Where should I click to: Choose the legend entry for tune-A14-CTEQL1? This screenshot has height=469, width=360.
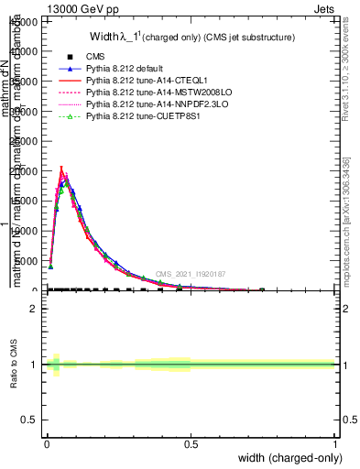click(x=137, y=81)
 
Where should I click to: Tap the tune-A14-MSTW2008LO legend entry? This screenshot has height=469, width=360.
click(x=145, y=93)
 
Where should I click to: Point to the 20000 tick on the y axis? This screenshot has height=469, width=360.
click(x=27, y=171)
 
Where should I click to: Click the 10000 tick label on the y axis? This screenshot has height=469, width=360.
click(x=27, y=231)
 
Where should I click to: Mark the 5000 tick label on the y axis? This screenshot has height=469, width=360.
click(x=29, y=261)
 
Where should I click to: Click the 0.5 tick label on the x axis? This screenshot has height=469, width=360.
click(x=191, y=444)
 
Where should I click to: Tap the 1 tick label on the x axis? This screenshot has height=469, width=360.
click(x=334, y=444)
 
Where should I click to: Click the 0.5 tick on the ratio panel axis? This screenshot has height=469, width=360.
click(x=31, y=420)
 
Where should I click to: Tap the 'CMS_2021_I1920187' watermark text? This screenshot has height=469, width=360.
click(x=191, y=274)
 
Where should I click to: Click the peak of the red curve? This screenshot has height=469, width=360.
click(x=60, y=169)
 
